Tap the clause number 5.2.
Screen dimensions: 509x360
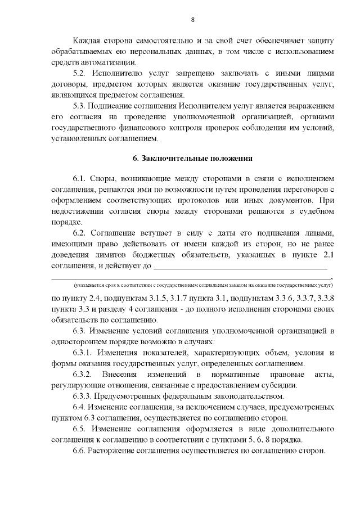click(x=80, y=74)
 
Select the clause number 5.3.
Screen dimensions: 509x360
click(x=80, y=106)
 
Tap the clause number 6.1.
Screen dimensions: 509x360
click(x=80, y=179)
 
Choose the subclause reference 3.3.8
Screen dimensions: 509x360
click(x=325, y=298)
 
